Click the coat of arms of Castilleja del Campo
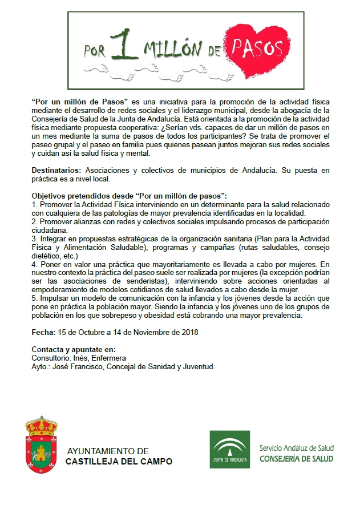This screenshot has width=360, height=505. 42,450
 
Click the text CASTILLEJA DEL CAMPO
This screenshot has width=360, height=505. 119,461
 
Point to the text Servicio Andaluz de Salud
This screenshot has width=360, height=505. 297,447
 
